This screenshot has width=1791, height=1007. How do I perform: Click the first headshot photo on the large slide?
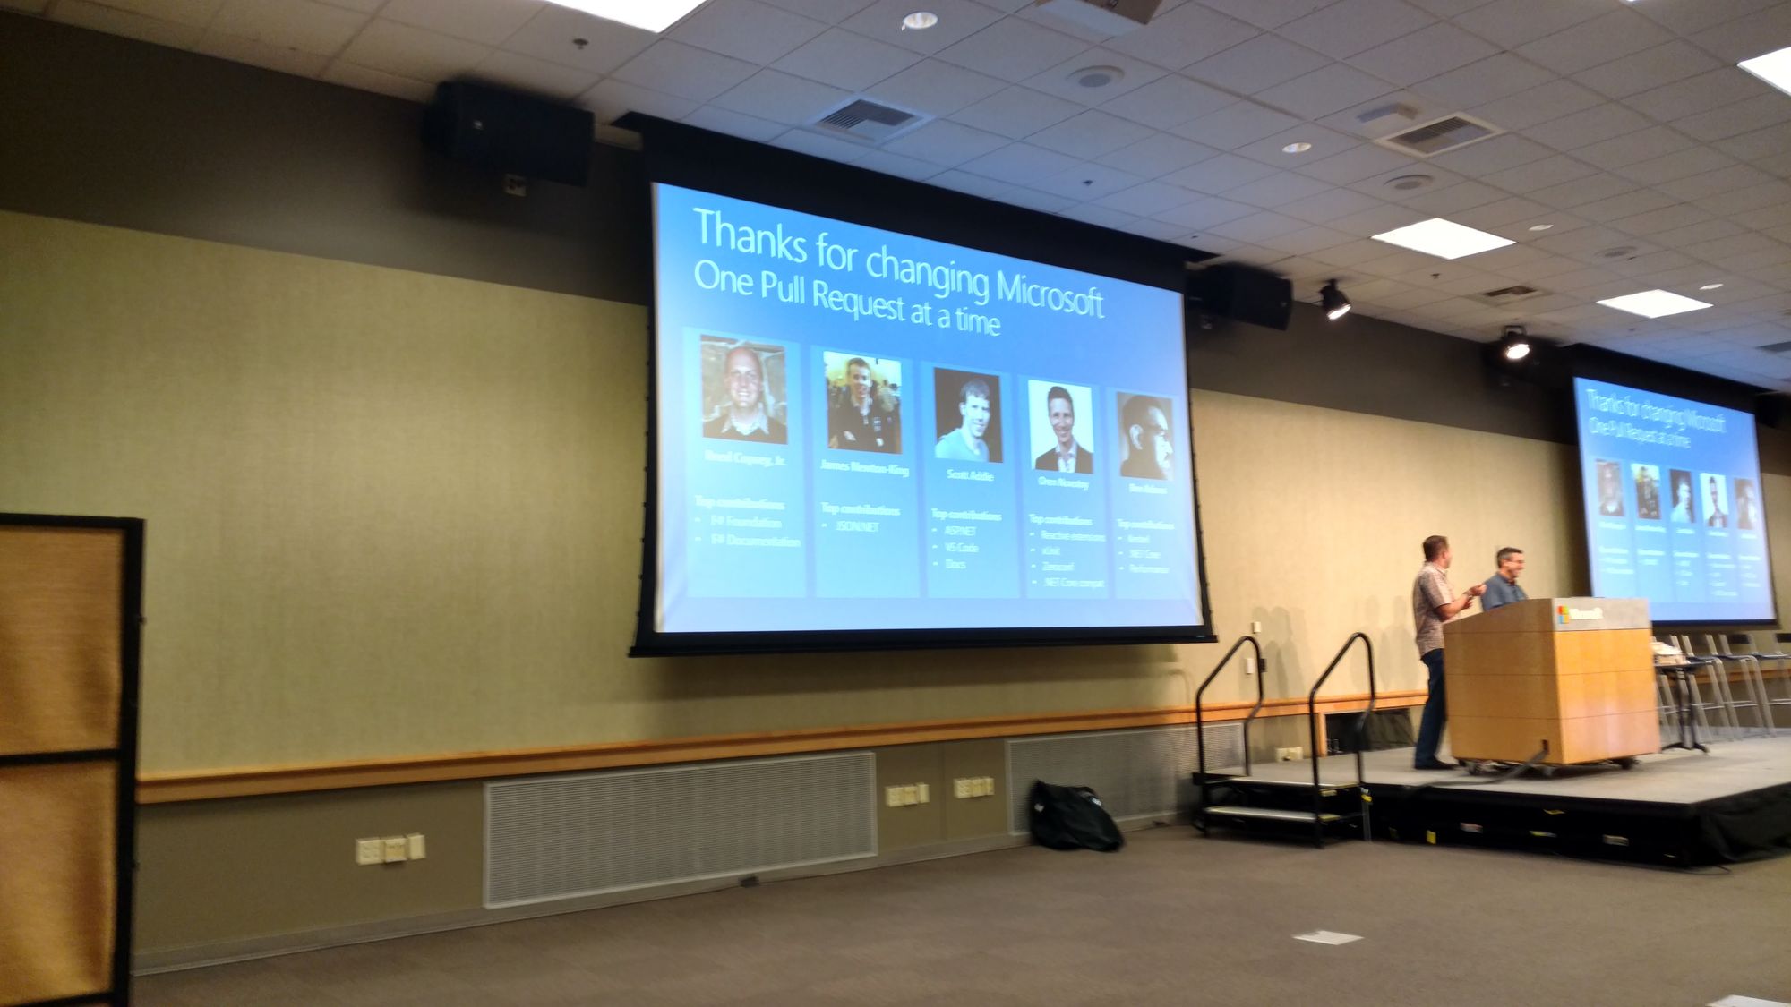tap(743, 389)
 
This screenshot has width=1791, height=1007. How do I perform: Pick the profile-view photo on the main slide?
tap(1145, 437)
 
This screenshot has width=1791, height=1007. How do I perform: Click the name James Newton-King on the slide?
tap(864, 467)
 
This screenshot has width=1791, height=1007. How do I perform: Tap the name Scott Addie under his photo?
tap(970, 474)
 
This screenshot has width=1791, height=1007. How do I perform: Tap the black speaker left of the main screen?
tap(509, 132)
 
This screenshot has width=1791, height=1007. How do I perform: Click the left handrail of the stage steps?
tap(1229, 698)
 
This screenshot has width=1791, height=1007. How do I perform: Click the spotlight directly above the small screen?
tap(1514, 344)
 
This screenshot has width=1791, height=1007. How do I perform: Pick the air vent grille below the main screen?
tap(679, 828)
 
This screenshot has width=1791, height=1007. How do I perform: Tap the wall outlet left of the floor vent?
tap(390, 849)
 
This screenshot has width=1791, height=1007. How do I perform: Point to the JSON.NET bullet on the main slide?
tap(857, 527)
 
